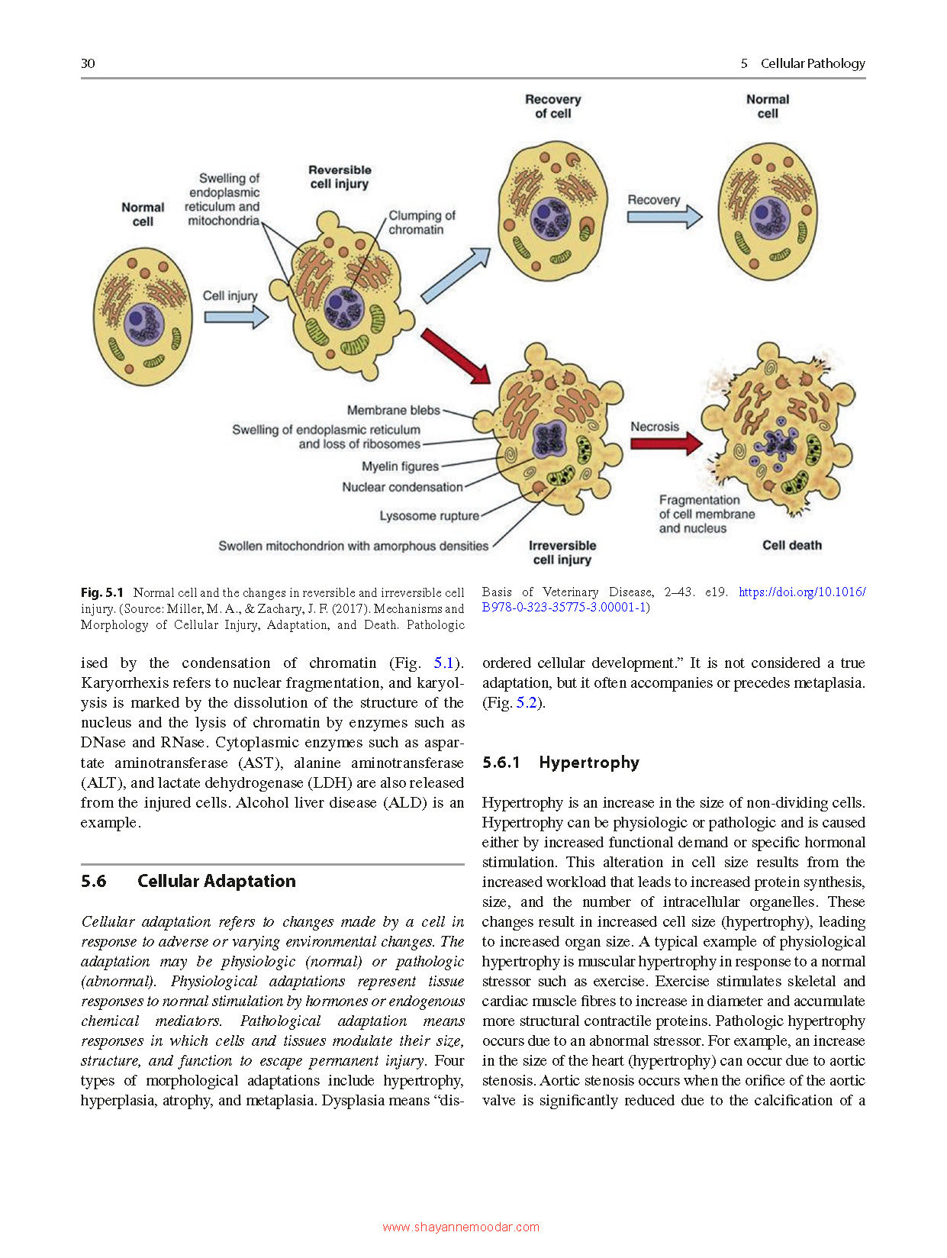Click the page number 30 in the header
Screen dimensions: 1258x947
pyautogui.click(x=88, y=63)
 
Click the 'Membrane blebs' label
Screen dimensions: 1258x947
pyautogui.click(x=393, y=411)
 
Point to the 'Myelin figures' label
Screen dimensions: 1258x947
pyautogui.click(x=400, y=466)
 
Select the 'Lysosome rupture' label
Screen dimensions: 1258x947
pyautogui.click(x=429, y=516)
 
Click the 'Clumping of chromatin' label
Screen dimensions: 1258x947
pyautogui.click(x=421, y=223)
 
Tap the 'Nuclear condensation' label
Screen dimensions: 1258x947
pyautogui.click(x=402, y=487)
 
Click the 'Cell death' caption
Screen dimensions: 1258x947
pyautogui.click(x=791, y=545)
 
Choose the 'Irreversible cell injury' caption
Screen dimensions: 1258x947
pyautogui.click(x=562, y=553)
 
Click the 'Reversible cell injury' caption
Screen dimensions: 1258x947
pyautogui.click(x=340, y=177)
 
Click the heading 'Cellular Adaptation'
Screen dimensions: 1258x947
pyautogui.click(x=216, y=881)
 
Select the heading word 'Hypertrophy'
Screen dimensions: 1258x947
pyautogui.click(x=588, y=763)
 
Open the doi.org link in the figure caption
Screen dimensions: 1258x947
pyautogui.click(x=801, y=592)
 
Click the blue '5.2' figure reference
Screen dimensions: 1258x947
pyautogui.click(x=526, y=703)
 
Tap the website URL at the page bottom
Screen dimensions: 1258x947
pyautogui.click(x=461, y=1227)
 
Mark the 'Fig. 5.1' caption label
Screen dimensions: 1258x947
pyautogui.click(x=102, y=593)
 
